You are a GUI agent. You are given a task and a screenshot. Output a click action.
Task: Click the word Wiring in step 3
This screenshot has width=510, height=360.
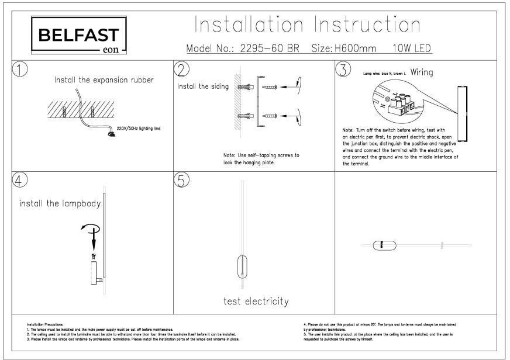[421, 73]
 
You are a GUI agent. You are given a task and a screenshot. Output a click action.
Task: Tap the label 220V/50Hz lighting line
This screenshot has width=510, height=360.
[138, 127]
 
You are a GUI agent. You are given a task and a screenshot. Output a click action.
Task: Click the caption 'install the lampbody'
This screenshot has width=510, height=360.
[60, 204]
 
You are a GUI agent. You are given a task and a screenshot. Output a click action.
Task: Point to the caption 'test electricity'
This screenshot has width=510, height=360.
[256, 302]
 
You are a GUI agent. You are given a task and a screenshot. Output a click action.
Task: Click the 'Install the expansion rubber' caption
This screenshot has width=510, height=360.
[104, 80]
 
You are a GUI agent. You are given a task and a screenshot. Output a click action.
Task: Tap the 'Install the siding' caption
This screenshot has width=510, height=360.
[203, 86]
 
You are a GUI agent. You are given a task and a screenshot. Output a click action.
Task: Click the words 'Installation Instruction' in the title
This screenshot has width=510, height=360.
[307, 25]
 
